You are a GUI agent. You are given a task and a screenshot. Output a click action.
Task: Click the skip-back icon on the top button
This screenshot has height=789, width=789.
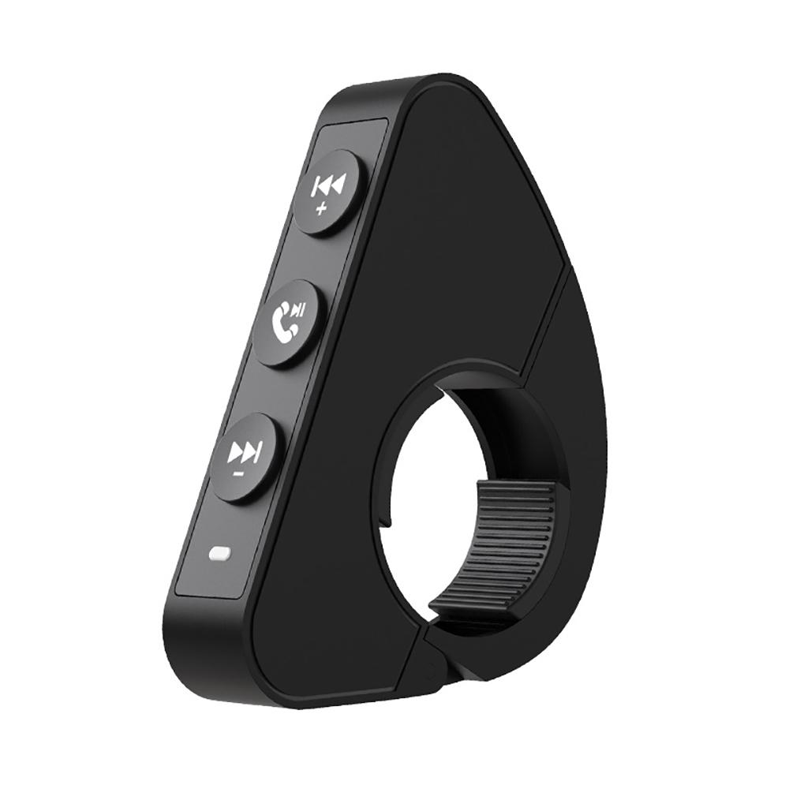[x=328, y=187]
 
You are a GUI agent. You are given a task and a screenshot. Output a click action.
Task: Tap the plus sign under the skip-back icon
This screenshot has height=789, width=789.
[x=320, y=209]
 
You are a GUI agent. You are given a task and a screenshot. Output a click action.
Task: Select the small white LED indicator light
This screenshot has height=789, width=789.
[x=218, y=555]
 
